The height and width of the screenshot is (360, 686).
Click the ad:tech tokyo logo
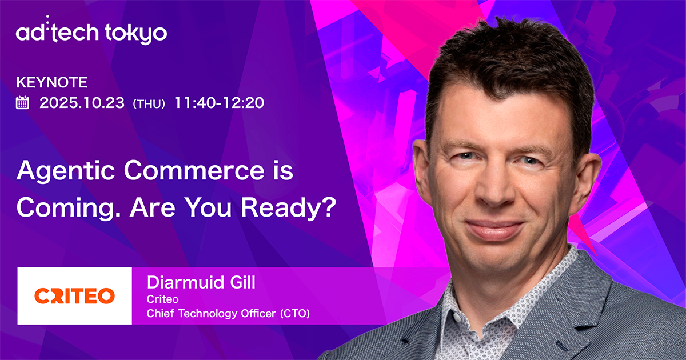(x=91, y=33)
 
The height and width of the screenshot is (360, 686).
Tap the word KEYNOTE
(x=52, y=82)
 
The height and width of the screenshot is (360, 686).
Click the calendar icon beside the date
(x=23, y=103)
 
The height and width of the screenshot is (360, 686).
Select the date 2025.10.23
(x=82, y=103)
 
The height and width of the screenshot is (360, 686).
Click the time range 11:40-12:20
(x=219, y=103)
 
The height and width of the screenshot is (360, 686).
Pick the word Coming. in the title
(x=67, y=208)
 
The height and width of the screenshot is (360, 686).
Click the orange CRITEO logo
(x=74, y=295)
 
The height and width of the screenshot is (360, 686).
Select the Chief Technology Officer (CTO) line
(x=228, y=313)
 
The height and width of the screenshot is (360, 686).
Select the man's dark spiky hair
(x=503, y=63)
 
